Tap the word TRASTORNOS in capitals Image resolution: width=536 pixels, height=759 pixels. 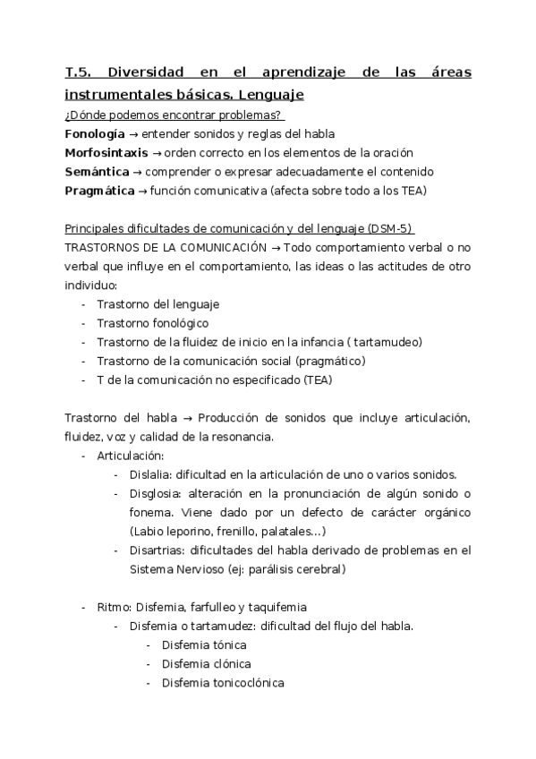point(101,247)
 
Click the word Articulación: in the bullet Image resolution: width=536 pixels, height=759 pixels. point(131,456)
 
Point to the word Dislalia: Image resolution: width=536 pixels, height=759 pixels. point(151,474)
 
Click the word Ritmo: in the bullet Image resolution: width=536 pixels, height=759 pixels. point(115,607)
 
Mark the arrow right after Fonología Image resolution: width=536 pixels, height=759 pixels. point(133,133)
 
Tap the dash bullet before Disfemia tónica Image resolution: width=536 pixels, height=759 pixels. point(148,645)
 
